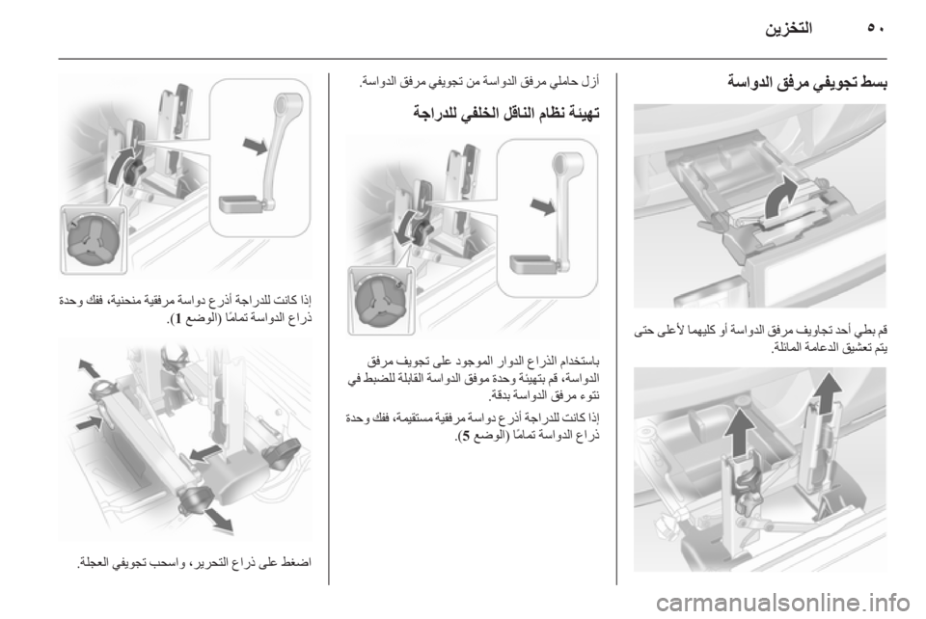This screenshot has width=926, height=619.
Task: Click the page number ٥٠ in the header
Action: [877, 28]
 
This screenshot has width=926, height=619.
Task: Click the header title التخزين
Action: [789, 28]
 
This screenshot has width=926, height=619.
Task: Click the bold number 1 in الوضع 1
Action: [177, 319]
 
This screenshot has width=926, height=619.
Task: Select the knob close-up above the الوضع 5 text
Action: [381, 300]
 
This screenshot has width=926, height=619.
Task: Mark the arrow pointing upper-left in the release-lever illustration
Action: [89, 369]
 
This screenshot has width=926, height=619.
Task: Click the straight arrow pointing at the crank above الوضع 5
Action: [542, 206]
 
